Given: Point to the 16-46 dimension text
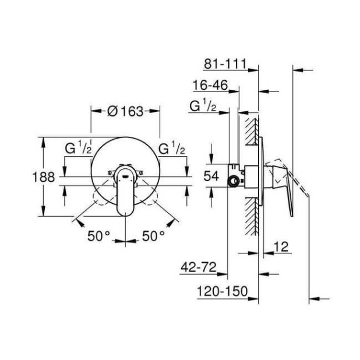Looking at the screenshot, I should (209, 85).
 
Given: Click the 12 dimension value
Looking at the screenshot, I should (281, 246).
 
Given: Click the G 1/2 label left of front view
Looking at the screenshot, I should (78, 149).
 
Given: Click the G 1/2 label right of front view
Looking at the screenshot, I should (172, 149).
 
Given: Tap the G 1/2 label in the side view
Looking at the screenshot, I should (203, 107).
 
